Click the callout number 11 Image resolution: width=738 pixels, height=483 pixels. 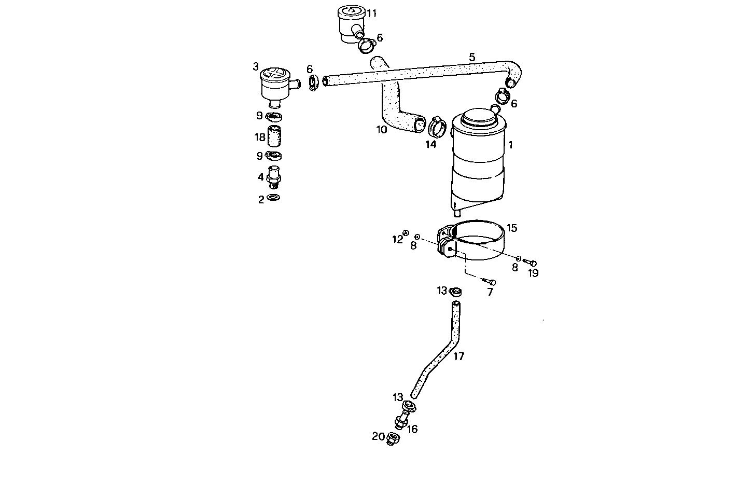click(x=372, y=13)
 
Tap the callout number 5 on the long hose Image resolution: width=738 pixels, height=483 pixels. click(x=472, y=57)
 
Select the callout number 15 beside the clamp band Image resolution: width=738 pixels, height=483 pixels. click(x=512, y=228)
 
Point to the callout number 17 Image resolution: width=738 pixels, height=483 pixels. click(x=458, y=356)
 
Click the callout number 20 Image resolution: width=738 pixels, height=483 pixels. click(x=378, y=436)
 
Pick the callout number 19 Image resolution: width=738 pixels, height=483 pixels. click(x=533, y=273)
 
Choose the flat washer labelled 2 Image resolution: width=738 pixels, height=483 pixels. click(x=273, y=198)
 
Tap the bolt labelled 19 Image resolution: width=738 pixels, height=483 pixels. click(x=530, y=263)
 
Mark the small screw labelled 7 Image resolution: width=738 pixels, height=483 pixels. click(x=489, y=282)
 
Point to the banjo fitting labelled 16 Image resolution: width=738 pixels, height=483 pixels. click(x=404, y=416)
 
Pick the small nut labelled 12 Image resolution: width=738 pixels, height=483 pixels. click(x=406, y=233)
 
